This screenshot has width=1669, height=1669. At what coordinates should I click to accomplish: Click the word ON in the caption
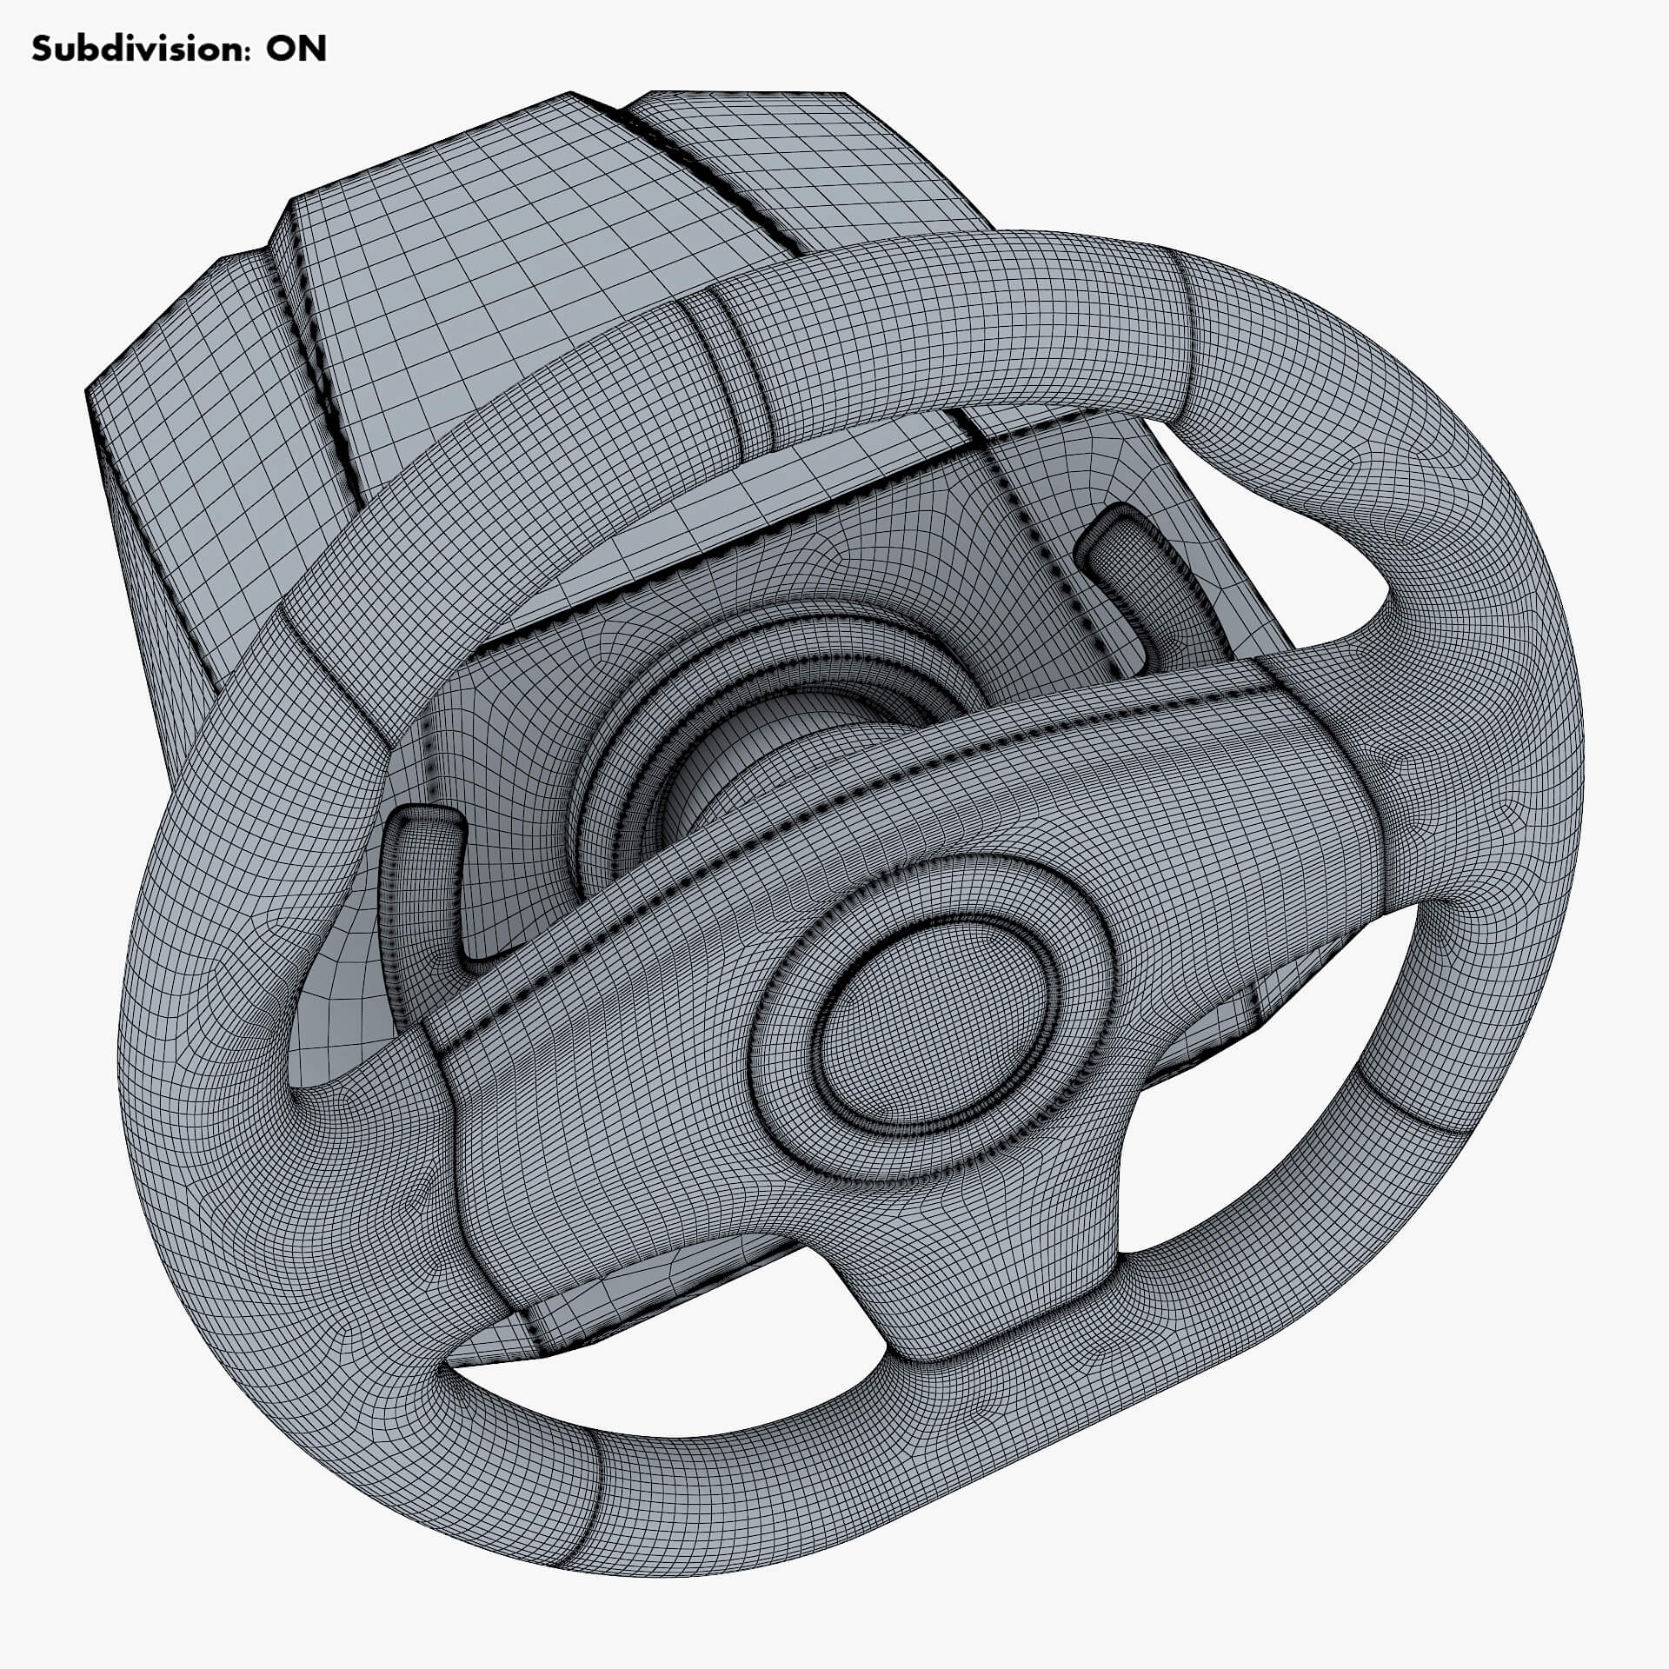pyautogui.click(x=296, y=50)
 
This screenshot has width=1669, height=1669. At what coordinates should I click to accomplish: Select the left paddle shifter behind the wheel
pyautogui.click(x=423, y=878)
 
